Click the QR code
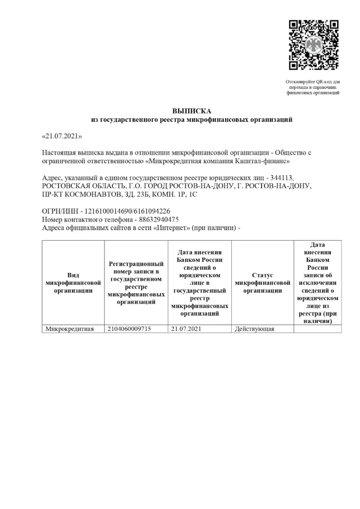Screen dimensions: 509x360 (313, 45)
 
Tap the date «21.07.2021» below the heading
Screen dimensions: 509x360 (62, 135)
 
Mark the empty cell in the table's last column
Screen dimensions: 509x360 (317, 329)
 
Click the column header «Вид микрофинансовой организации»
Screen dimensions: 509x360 (73, 283)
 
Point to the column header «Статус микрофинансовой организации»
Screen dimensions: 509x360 (262, 283)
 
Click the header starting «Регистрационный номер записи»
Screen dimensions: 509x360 (136, 282)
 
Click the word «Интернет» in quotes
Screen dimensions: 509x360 (172, 228)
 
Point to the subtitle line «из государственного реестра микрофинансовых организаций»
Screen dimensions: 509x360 (192, 120)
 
